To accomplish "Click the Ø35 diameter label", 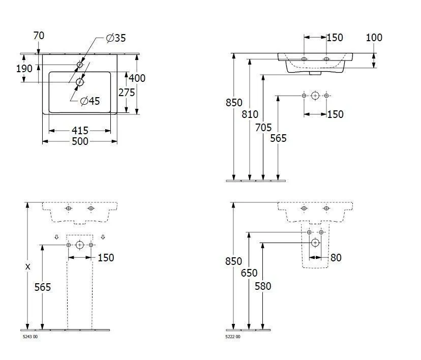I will click(116, 38).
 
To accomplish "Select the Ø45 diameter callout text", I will click(90, 101).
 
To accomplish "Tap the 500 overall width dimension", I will click(80, 141).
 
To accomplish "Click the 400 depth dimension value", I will click(137, 78).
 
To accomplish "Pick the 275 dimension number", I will click(126, 92).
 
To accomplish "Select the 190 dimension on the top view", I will click(24, 69).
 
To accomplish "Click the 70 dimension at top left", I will click(39, 36).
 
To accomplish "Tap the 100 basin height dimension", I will click(374, 38).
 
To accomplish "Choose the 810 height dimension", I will click(250, 114).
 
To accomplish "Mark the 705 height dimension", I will click(263, 128).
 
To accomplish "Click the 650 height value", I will click(249, 274).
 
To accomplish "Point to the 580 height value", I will click(263, 286).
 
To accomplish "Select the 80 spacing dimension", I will click(336, 258).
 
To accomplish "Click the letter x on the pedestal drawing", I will click(27, 266).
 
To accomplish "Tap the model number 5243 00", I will click(30, 337).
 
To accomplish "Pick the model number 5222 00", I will click(233, 337).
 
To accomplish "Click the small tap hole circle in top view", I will click(80, 65).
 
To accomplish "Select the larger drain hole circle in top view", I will click(80, 82).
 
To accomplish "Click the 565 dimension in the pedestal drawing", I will click(43, 287).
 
